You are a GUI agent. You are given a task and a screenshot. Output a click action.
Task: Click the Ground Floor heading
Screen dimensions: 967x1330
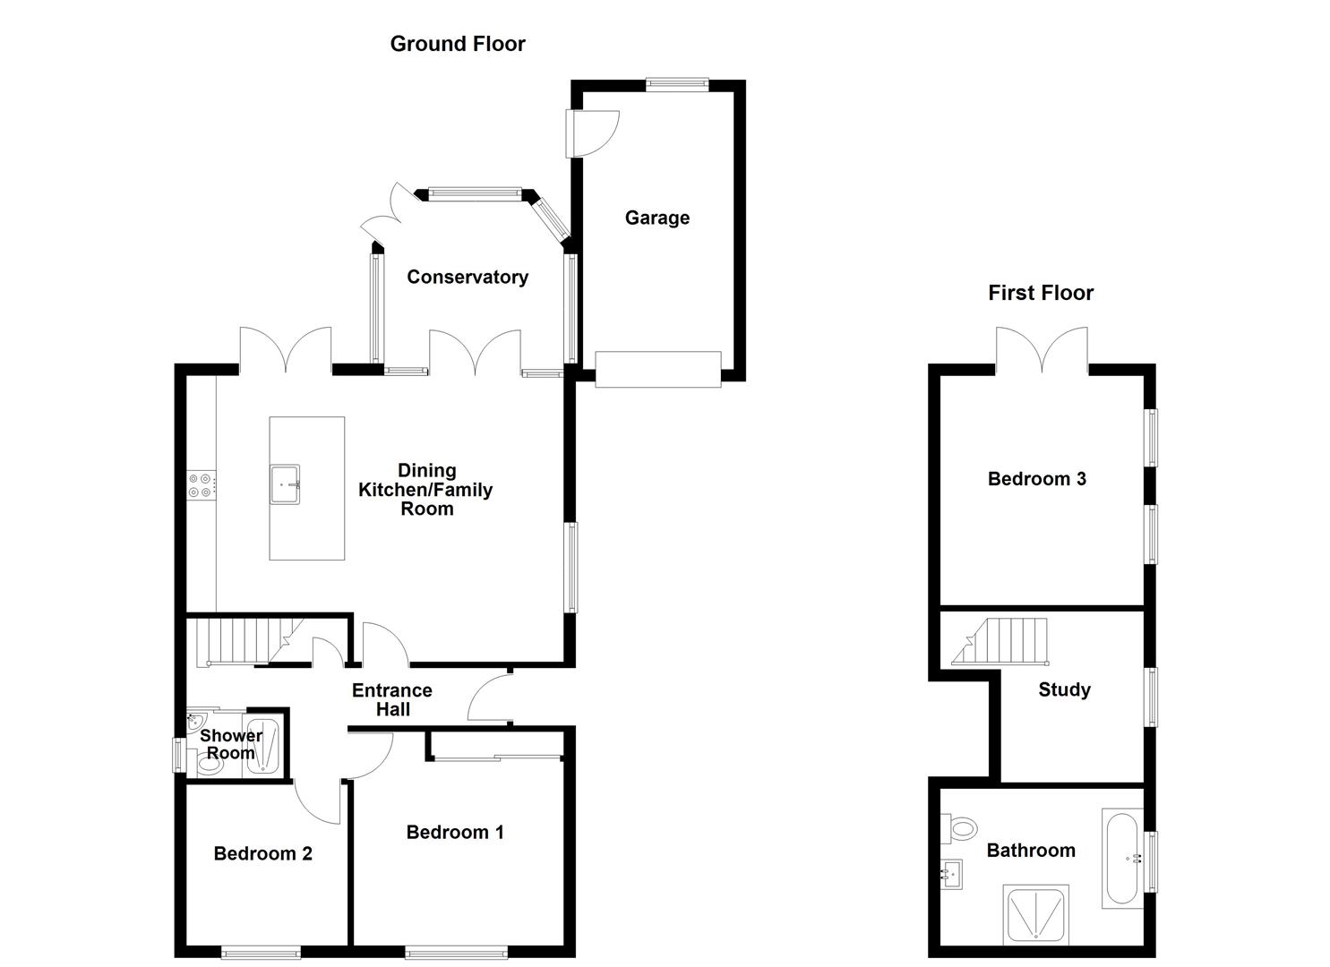(x=457, y=44)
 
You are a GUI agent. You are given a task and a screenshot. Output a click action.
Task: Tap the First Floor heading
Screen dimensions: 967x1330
(x=1040, y=293)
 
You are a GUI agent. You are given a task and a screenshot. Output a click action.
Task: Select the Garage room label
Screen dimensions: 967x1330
(x=656, y=218)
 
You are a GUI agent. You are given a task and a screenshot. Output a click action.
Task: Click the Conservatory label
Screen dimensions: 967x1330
(x=467, y=277)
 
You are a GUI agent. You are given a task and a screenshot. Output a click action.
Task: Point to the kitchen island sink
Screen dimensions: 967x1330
(x=286, y=484)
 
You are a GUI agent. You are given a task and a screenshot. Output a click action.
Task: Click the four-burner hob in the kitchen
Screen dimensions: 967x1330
(x=200, y=485)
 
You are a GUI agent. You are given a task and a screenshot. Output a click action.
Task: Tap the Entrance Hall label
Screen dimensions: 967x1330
(x=392, y=699)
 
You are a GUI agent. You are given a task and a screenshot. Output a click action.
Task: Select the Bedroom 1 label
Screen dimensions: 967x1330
(x=454, y=832)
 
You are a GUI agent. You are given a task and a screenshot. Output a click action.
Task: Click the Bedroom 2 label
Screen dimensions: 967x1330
(x=262, y=853)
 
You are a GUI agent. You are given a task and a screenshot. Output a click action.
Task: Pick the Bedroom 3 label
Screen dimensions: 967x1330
(x=1036, y=479)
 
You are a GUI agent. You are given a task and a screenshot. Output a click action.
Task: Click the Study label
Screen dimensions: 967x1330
(x=1064, y=689)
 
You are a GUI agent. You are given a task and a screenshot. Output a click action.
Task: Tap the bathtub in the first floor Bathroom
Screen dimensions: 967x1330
(x=1123, y=859)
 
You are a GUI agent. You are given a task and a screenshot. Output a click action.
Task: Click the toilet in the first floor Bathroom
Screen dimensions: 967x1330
(x=961, y=828)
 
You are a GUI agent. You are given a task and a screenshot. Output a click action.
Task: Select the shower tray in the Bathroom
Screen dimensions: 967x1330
(x=1035, y=914)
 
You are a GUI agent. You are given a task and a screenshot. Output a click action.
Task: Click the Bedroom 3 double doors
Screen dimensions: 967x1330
(x=1042, y=351)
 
